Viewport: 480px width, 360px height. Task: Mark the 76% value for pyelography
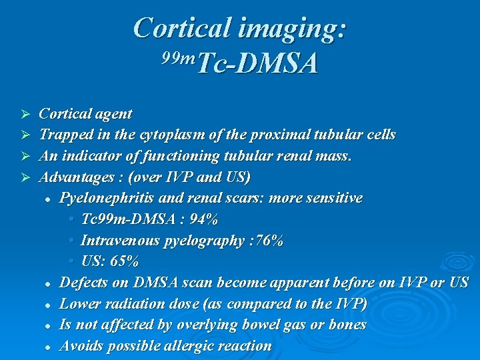pyautogui.click(x=269, y=240)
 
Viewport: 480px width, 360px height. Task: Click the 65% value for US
pyautogui.click(x=125, y=261)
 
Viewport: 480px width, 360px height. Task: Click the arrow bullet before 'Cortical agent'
pyautogui.click(x=27, y=114)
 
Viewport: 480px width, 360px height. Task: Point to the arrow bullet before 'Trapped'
pyautogui.click(x=27, y=135)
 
